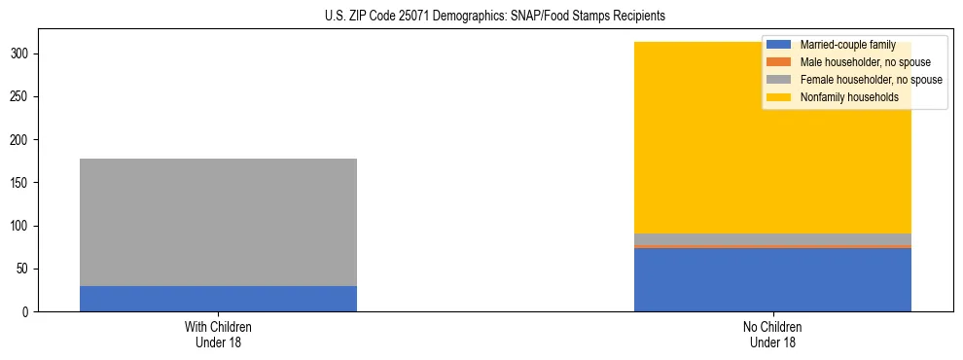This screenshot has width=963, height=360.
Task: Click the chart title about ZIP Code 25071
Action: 495,17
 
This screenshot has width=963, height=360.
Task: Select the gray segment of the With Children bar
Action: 218,222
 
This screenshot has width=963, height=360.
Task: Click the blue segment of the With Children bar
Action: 218,299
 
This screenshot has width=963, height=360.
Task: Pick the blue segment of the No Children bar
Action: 772,280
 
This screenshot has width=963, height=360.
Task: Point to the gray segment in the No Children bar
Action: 772,239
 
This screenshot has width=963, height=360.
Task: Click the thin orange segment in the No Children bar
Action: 772,247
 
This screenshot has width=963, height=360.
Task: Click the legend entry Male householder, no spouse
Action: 857,62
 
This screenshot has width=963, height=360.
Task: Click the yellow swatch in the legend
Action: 779,97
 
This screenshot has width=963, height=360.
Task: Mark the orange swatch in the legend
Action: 779,62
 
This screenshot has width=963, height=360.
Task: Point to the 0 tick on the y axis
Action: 27,311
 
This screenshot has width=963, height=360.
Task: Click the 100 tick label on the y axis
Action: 21,226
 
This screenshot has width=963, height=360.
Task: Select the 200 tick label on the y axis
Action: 21,140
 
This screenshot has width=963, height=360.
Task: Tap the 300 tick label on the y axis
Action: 21,54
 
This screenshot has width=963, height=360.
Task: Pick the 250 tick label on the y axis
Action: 21,97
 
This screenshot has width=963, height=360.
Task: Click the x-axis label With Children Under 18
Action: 218,335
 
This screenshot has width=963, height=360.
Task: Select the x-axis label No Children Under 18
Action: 772,335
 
